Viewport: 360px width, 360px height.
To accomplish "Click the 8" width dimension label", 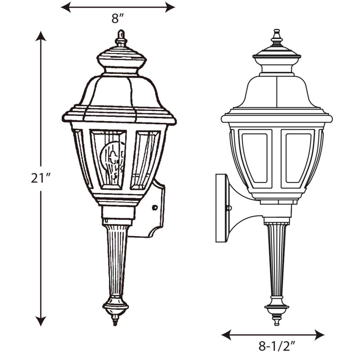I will click(x=117, y=19).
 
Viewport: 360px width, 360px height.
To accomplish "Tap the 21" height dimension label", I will click(x=40, y=178).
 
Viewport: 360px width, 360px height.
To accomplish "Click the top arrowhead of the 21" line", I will click(x=41, y=36).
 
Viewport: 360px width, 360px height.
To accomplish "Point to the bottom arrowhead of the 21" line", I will click(x=41, y=321).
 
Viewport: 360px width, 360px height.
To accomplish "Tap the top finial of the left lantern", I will click(x=121, y=38).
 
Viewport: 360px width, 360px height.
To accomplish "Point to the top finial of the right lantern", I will click(x=277, y=37).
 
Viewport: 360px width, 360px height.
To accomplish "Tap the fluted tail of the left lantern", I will click(x=117, y=261).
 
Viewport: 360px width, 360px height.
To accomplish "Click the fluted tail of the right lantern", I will click(x=276, y=259).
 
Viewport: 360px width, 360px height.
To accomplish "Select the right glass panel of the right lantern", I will click(x=298, y=157).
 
